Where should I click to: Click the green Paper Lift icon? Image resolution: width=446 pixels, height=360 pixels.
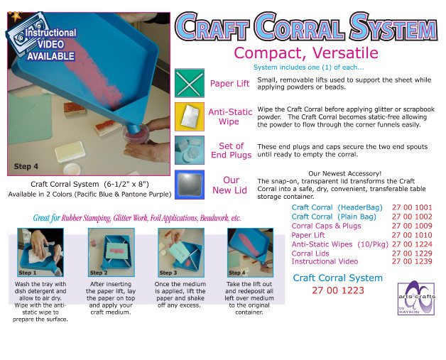[190, 83]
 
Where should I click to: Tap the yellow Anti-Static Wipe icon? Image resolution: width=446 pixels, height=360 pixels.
[190, 116]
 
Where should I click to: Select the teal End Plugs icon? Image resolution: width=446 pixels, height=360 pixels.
[190, 150]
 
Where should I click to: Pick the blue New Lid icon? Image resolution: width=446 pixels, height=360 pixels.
[190, 185]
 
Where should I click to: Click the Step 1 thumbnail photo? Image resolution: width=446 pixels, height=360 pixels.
[40, 253]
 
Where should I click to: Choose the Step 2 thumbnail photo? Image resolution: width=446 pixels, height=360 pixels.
[111, 253]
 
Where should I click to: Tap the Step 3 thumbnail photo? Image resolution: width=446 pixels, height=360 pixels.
[181, 253]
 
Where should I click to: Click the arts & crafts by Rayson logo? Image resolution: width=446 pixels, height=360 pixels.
[416, 298]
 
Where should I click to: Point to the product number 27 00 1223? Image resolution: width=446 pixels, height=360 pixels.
[338, 290]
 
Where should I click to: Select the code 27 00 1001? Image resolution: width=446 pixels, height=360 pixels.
[412, 207]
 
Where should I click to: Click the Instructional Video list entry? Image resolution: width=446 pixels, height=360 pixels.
[325, 261]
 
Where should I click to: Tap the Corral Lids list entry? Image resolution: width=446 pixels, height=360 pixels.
[310, 253]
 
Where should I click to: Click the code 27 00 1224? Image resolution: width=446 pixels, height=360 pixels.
[412, 244]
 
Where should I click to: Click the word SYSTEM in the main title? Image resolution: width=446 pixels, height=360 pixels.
[393, 27]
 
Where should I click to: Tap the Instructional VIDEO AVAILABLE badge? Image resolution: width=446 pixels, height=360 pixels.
[43, 38]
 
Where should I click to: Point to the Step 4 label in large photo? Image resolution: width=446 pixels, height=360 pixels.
[26, 166]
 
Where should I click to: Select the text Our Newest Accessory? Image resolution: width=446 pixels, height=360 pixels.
[344, 173]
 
